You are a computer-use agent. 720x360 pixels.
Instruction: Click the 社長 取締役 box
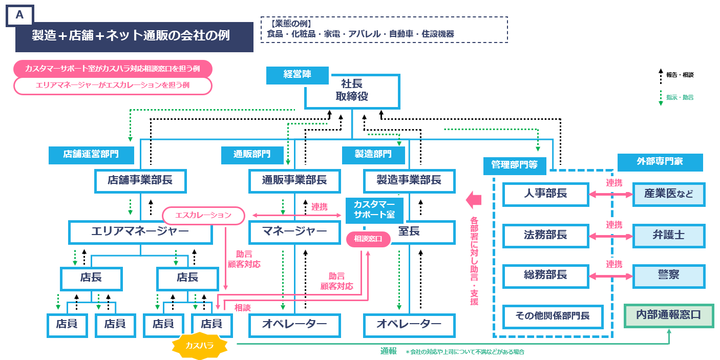pos(352,91)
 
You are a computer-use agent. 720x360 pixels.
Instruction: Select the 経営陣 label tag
pos(297,75)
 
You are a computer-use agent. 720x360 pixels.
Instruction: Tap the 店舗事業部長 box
pos(140,180)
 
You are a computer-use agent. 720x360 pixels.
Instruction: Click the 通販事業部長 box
pos(294,180)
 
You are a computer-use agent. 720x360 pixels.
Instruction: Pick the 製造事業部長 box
pos(409,180)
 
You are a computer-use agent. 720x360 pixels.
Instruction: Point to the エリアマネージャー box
pos(140,232)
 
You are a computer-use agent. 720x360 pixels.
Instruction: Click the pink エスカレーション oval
pos(203,215)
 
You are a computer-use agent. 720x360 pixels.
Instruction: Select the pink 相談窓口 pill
pos(368,239)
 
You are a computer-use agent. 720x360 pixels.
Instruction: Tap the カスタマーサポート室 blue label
pos(374,210)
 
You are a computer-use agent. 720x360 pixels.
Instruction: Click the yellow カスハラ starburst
pos(200,346)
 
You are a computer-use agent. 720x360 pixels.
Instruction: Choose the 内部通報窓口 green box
pos(668,315)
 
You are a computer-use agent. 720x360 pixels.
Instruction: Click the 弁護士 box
pos(668,235)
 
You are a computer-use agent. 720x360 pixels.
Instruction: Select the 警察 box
pos(668,276)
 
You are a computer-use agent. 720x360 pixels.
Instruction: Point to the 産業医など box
pos(668,194)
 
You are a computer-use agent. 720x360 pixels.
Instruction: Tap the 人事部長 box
pos(545,194)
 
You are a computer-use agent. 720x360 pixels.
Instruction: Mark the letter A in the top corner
pos(19,15)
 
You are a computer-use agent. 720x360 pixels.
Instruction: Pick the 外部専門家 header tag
pos(659,162)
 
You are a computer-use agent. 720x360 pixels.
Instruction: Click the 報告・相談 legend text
pos(680,75)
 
